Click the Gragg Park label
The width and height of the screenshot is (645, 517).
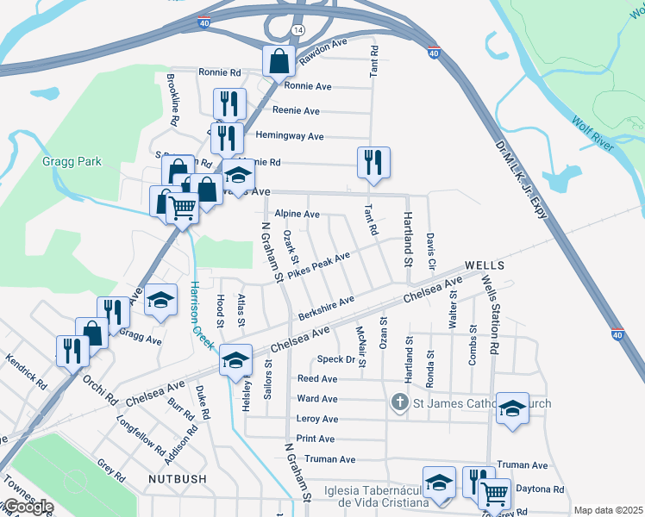pyautogui.click(x=72, y=161)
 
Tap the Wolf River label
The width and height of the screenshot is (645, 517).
pyautogui.click(x=592, y=134)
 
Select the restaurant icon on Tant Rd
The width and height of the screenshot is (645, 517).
pyautogui.click(x=373, y=162)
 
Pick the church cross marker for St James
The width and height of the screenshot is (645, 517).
pyautogui.click(x=398, y=402)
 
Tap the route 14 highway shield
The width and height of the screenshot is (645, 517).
pyautogui.click(x=298, y=29)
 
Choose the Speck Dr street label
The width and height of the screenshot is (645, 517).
pyautogui.click(x=337, y=358)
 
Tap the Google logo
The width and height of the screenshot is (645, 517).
pyautogui.click(x=28, y=507)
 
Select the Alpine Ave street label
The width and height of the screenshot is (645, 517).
pyautogui.click(x=297, y=214)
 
